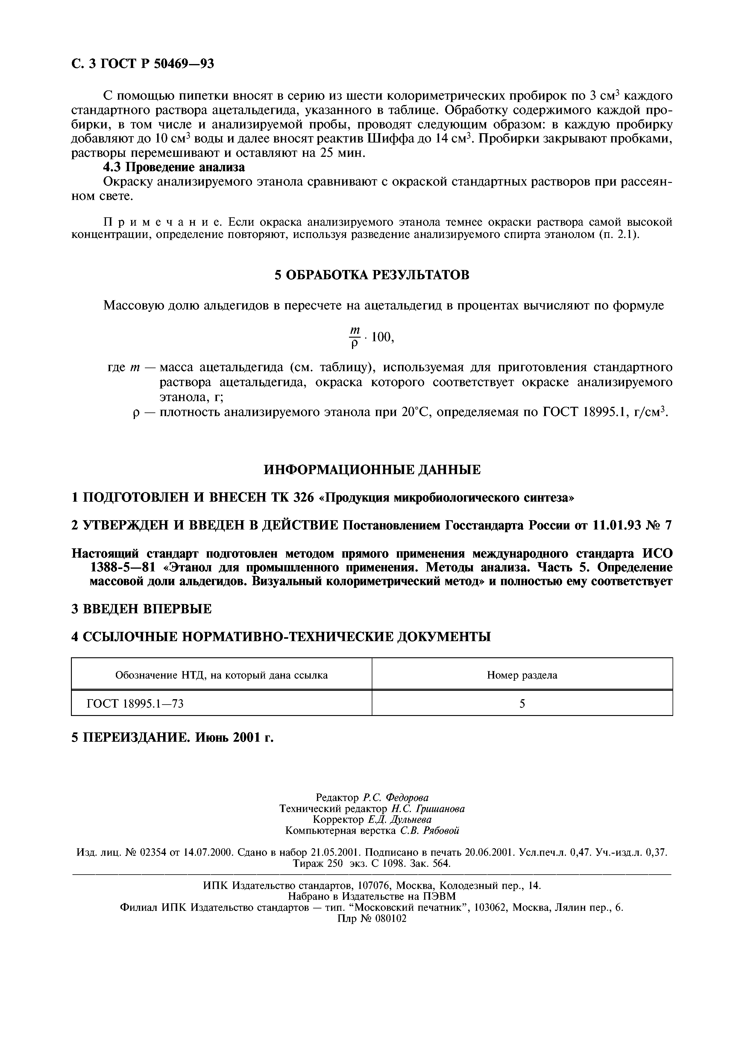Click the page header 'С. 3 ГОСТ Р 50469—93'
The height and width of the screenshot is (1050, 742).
143,63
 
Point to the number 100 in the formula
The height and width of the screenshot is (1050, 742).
382,338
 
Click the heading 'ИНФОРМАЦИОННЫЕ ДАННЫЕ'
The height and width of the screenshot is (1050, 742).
372,470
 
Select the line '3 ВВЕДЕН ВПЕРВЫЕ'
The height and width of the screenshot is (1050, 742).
142,609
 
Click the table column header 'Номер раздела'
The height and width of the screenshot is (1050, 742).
522,675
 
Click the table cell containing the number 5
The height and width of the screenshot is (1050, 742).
522,704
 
